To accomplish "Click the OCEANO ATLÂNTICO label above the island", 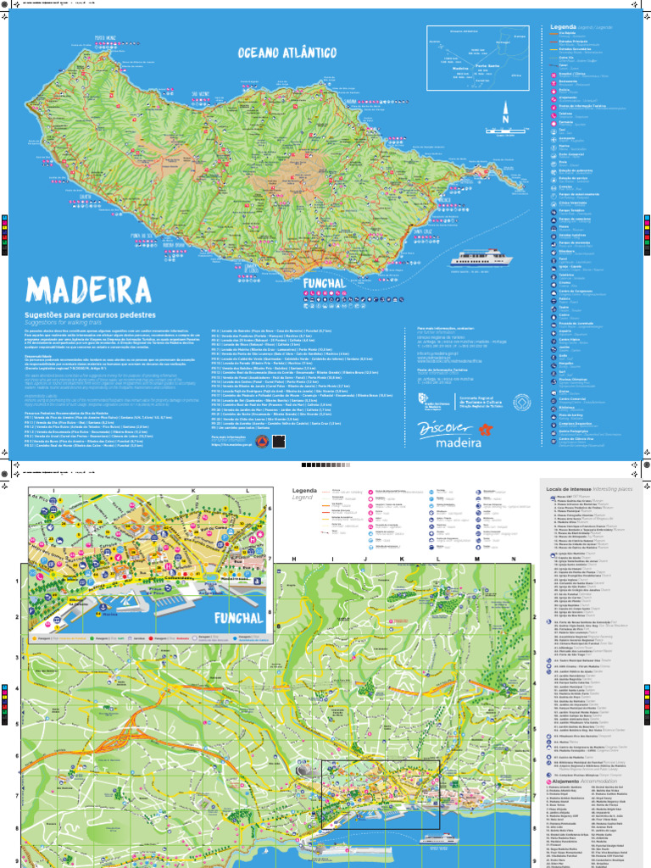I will pos(287,53).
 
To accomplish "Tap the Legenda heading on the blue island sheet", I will pos(565,27).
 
